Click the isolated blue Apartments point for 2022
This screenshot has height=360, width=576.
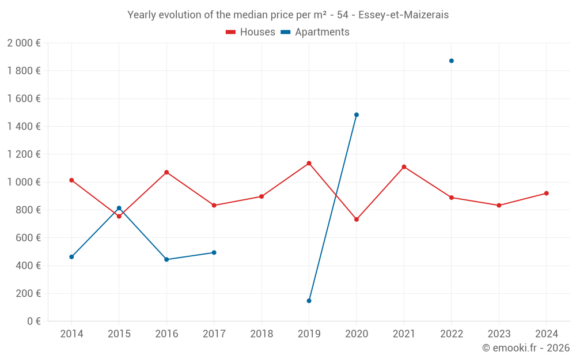pyautogui.click(x=452, y=61)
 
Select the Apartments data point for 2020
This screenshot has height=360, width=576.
pyautogui.click(x=357, y=115)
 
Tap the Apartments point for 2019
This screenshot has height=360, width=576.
pyautogui.click(x=309, y=301)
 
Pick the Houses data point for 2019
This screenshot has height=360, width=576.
pyautogui.click(x=309, y=163)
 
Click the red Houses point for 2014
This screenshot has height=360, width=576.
pyautogui.click(x=71, y=180)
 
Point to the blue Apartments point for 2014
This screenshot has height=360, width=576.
pyautogui.click(x=71, y=257)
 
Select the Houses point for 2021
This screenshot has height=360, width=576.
pyautogui.click(x=404, y=167)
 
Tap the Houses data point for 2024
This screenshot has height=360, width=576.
pyautogui.click(x=547, y=194)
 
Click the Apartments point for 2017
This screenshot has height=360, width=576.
pyautogui.click(x=214, y=252)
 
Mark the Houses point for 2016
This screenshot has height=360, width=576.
pyautogui.click(x=166, y=172)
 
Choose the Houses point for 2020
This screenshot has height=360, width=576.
pyautogui.click(x=357, y=219)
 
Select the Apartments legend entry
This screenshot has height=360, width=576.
pyautogui.click(x=315, y=32)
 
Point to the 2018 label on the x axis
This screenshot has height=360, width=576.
pyautogui.click(x=262, y=334)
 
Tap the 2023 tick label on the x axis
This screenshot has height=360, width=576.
pyautogui.click(x=499, y=334)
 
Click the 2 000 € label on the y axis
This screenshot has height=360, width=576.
pyautogui.click(x=24, y=43)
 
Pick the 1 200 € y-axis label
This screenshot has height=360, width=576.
pyautogui.click(x=24, y=154)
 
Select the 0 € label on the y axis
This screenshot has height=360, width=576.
pyautogui.click(x=32, y=321)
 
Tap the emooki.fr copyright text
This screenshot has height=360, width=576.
pyautogui.click(x=526, y=348)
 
